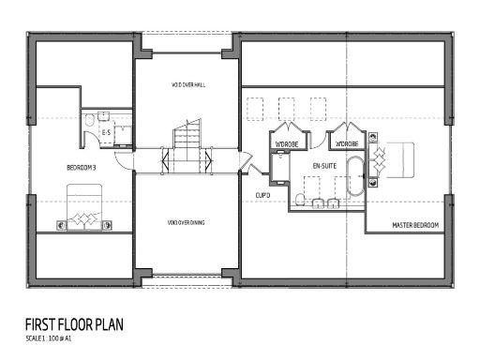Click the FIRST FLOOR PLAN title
click(x=75, y=324)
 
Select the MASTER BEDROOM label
click(x=413, y=224)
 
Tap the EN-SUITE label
click(x=324, y=165)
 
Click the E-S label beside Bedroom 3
click(x=106, y=133)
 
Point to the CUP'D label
click(x=262, y=195)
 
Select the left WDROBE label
click(x=286, y=143)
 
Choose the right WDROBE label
click(x=346, y=143)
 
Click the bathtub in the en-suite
click(x=355, y=175)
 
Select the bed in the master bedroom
click(x=394, y=159)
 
